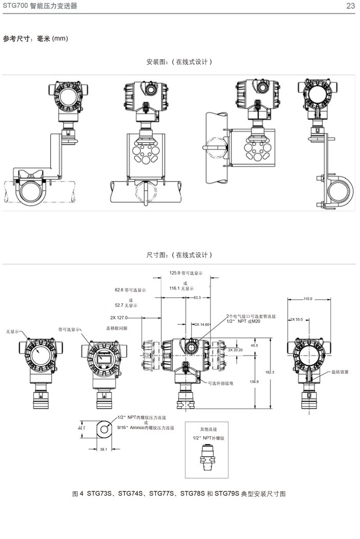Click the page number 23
click(350, 6)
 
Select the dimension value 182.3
click(270, 372)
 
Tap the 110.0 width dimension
click(307, 299)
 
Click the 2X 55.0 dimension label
click(297, 319)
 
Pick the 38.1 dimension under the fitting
click(103, 449)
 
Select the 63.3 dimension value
click(197, 297)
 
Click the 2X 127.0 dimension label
click(119, 317)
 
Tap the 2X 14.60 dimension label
click(201, 324)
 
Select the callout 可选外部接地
click(220, 383)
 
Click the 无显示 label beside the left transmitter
click(12, 332)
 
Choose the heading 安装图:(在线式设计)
click(179, 62)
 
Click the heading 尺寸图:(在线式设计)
click(179, 255)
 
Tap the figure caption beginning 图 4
click(179, 493)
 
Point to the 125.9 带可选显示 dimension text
click(186, 273)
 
